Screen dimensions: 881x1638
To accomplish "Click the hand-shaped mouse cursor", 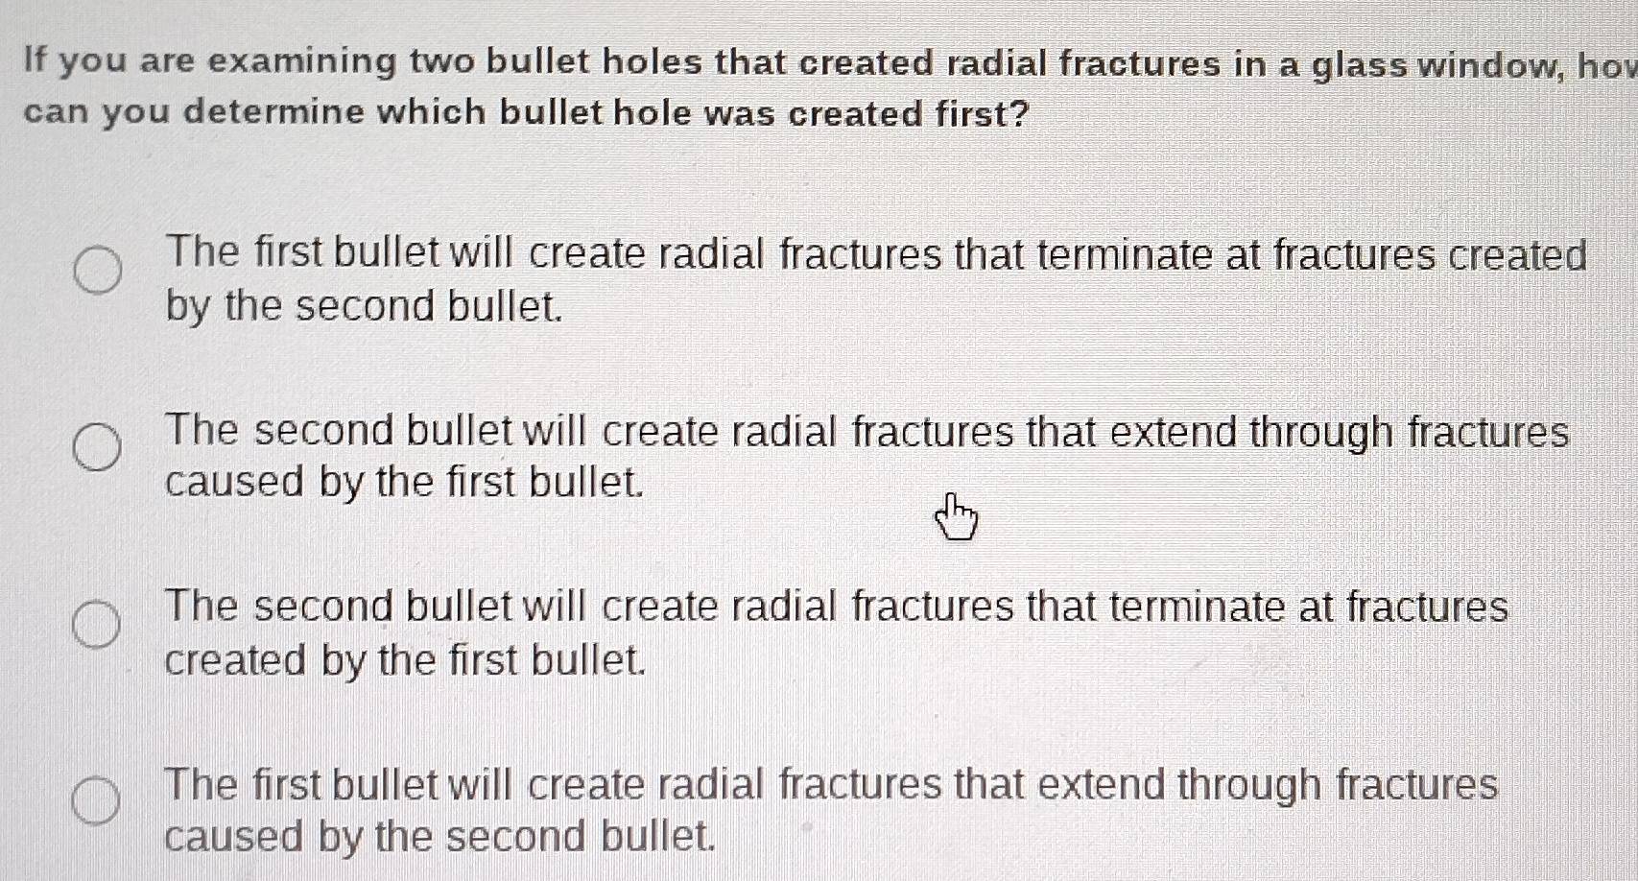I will (x=956, y=518).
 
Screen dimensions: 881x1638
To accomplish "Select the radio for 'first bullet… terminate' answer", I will (x=98, y=271).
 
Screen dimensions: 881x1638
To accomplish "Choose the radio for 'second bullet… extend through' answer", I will (x=98, y=448).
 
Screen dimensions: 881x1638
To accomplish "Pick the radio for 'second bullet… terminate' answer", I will (x=98, y=625).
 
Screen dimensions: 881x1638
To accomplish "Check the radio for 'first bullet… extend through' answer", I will (x=98, y=801).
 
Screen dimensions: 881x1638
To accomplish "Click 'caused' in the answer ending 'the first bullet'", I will (x=234, y=482).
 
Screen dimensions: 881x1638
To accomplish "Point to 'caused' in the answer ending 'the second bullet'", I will (x=232, y=837).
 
